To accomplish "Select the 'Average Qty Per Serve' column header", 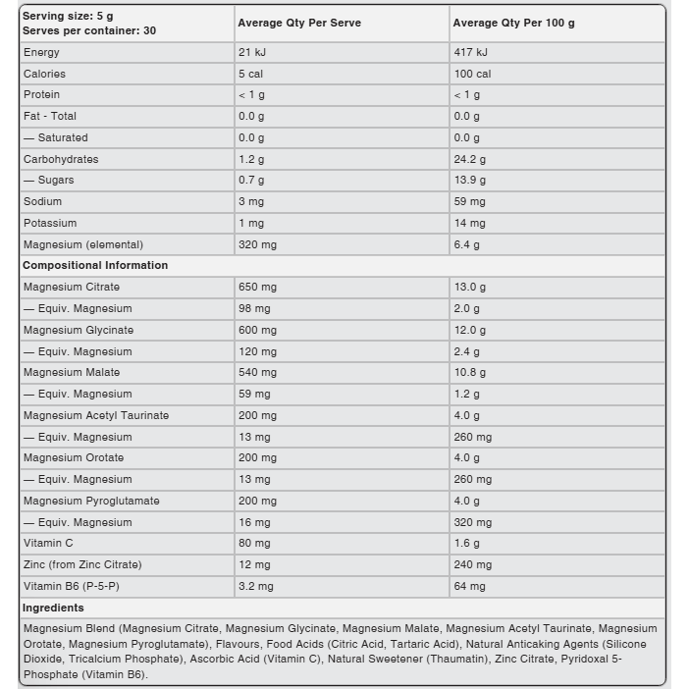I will (x=298, y=23).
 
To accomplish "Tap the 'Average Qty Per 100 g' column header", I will (x=513, y=23).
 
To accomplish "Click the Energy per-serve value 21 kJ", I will (x=252, y=52).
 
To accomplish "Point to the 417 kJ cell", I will (x=470, y=52).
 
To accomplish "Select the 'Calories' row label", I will (x=44, y=74).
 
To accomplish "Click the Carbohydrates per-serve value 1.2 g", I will (x=251, y=159).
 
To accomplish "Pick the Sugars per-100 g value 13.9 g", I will (x=470, y=181).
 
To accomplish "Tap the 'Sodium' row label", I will (x=42, y=201).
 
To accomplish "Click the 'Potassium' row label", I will (x=50, y=223).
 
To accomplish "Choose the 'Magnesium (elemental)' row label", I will (x=83, y=244).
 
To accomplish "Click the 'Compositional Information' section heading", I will (x=95, y=265).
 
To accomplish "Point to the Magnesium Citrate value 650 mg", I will (x=257, y=287).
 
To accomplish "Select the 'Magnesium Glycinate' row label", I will (x=79, y=330).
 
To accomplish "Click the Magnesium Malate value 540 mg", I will (x=257, y=372).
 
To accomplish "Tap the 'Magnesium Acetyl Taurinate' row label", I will (x=96, y=415).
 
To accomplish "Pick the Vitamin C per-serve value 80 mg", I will (x=254, y=543).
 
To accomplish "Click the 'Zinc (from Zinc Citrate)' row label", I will (x=82, y=564).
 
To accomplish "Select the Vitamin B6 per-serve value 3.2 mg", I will (x=256, y=586).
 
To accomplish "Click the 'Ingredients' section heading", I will (x=53, y=608).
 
